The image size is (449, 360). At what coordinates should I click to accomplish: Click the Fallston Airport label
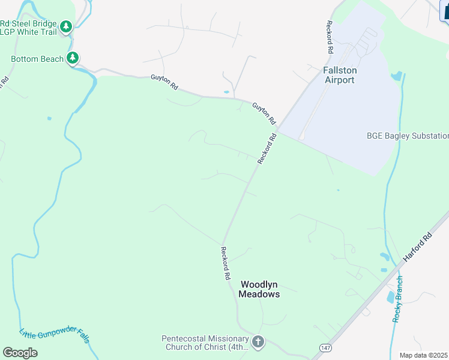339,75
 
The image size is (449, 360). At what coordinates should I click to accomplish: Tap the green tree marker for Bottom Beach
73,58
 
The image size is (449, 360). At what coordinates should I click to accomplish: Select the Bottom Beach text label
37,59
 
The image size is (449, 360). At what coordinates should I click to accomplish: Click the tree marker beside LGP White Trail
67,26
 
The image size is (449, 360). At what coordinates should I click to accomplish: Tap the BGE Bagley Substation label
408,136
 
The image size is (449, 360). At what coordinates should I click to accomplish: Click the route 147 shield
325,347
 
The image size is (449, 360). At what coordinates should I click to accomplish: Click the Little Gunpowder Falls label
54,343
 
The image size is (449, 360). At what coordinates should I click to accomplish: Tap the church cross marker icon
258,343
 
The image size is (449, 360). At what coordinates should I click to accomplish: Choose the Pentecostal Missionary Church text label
205,343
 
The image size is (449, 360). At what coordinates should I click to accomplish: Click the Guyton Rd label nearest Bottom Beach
164,82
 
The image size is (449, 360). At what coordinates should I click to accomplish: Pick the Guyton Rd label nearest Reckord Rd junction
264,112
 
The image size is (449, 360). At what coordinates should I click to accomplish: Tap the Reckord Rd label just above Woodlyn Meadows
225,264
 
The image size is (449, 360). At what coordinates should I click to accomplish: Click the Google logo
20,352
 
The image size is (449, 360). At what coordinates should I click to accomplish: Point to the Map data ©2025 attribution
424,355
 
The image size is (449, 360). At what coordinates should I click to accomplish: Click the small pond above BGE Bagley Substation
396,76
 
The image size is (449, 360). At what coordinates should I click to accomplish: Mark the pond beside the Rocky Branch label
391,297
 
